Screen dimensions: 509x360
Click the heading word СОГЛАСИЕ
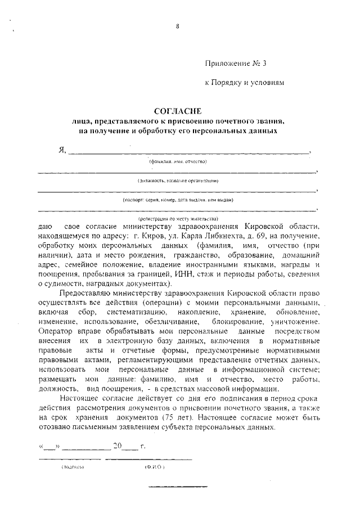coord(177,111)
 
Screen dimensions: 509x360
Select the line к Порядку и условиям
coord(245,82)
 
